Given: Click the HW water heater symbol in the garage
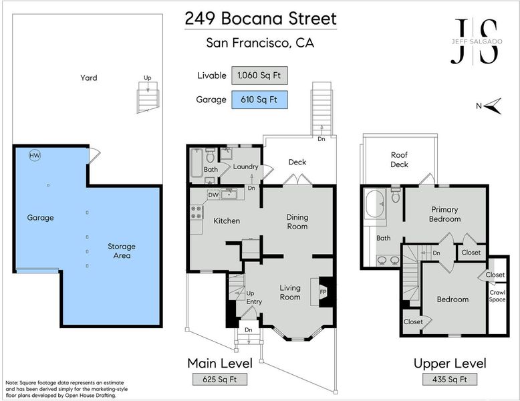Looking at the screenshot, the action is [x=35, y=155].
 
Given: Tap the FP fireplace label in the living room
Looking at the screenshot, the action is [x=323, y=292].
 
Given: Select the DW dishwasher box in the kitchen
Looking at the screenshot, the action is [x=213, y=194].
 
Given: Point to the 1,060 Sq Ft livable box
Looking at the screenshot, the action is [x=259, y=76].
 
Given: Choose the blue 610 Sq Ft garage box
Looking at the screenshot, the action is [x=259, y=100].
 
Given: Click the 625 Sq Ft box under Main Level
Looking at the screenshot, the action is [x=220, y=379].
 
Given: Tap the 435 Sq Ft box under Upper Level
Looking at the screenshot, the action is [x=450, y=379].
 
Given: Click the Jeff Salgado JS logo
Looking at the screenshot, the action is [x=477, y=41].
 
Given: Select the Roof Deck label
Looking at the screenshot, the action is [x=399, y=160].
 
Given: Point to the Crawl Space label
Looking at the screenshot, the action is [x=497, y=296].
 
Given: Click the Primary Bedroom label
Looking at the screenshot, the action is [x=444, y=215].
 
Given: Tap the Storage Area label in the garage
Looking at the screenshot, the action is [x=122, y=251].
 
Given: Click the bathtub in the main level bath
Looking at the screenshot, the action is [x=197, y=163].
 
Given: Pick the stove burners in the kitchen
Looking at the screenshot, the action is [x=197, y=213].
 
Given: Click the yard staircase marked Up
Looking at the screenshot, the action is [x=148, y=98].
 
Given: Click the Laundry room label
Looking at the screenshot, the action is [x=245, y=166].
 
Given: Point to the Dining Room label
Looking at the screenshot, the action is [x=297, y=222].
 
